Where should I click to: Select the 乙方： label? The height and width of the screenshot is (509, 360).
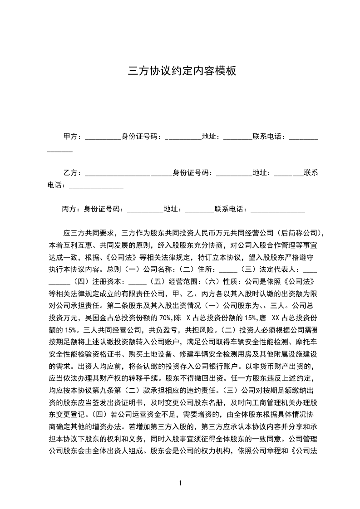[73, 172]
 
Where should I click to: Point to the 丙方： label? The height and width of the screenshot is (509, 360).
[71, 209]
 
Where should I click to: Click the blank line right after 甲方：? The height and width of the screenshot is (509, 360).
[103, 137]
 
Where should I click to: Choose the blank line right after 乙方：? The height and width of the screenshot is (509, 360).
[128, 173]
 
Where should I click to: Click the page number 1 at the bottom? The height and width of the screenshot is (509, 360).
[180, 483]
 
